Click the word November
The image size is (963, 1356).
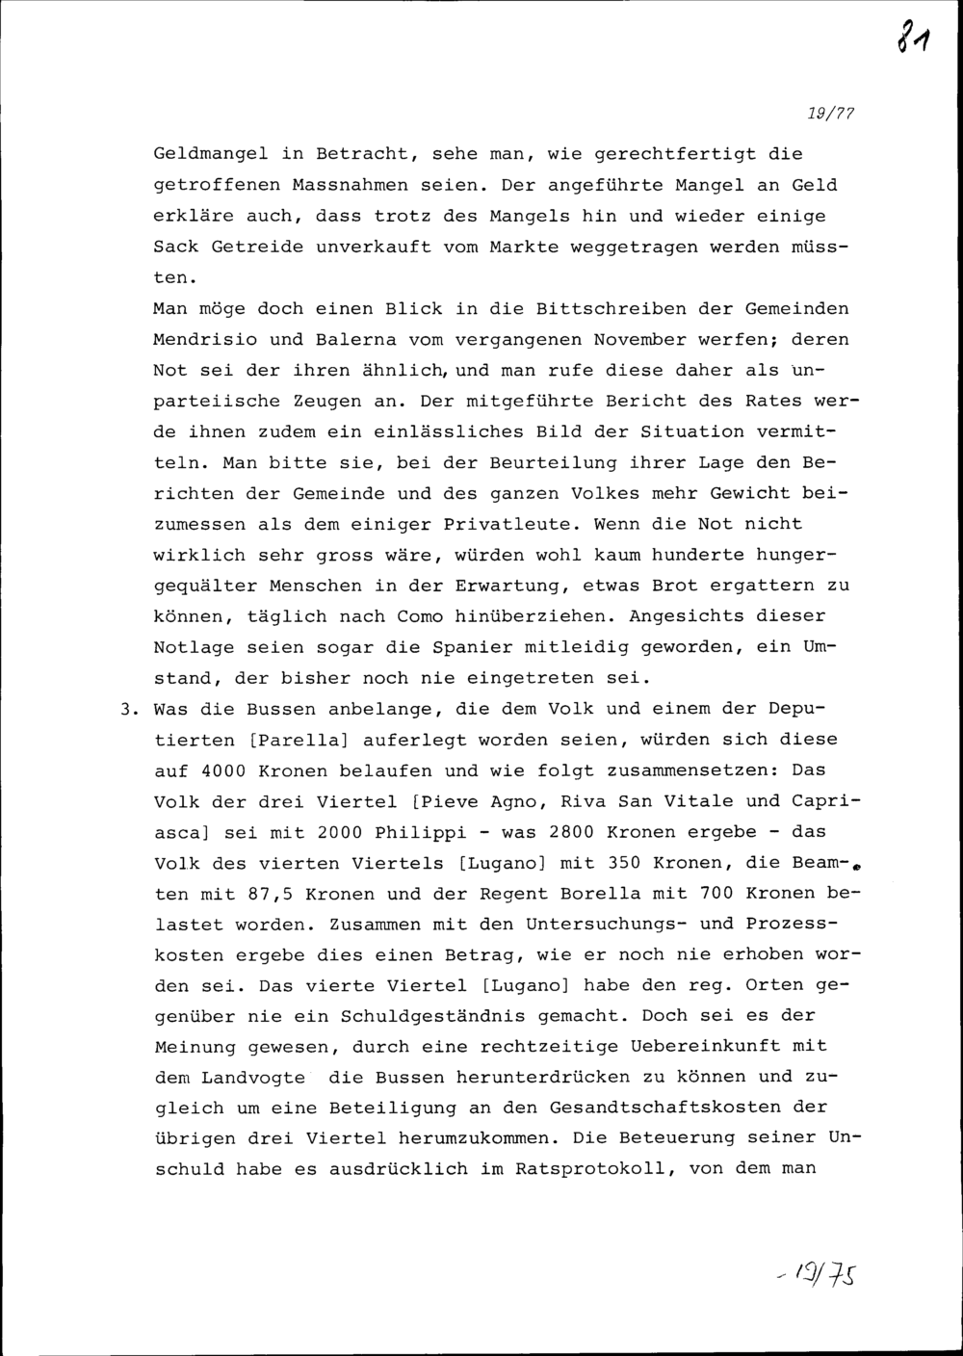click(639, 339)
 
